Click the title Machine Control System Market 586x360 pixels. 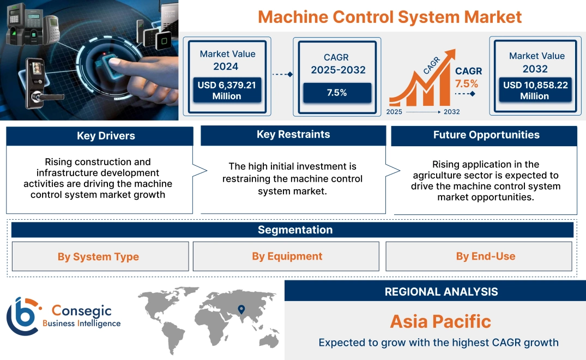(390, 17)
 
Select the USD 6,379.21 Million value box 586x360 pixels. (227, 91)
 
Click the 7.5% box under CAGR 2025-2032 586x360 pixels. (337, 93)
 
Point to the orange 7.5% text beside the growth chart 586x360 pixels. (467, 83)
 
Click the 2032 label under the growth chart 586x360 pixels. (451, 112)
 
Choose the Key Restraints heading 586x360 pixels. (293, 135)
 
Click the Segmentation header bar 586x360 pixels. (295, 230)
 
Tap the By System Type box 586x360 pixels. (99, 257)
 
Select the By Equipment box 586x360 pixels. (287, 256)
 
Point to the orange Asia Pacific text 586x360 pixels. (440, 321)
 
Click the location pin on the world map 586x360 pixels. (241, 310)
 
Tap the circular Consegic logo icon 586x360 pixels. (22, 316)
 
